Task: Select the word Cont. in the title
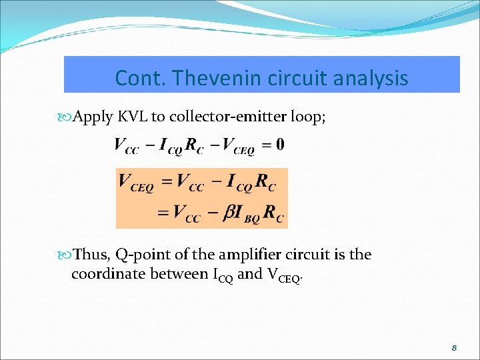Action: pos(140,79)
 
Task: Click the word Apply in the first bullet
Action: pos(93,117)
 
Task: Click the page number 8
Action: pos(454,348)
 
